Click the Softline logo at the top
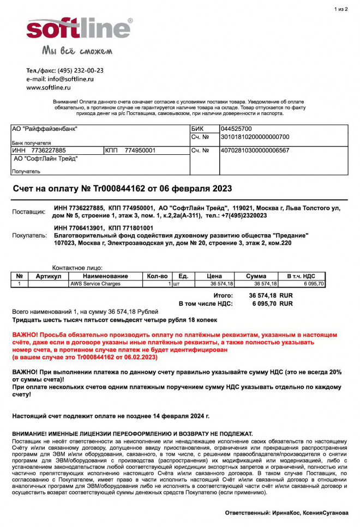79,28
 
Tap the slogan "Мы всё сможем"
77,51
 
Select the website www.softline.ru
50,87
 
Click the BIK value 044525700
236,129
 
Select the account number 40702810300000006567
255,150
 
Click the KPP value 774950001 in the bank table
140,150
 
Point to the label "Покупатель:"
29,235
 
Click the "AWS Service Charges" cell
95,284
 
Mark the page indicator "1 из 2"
340,9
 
